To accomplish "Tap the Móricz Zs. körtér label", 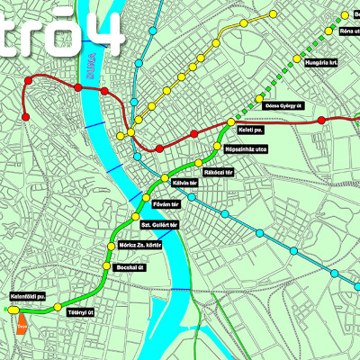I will [140, 246].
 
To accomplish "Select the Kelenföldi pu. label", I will [28, 295].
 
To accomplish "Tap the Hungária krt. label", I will [320, 63].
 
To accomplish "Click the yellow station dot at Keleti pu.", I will [231, 121].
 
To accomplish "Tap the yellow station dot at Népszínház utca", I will [220, 142].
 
